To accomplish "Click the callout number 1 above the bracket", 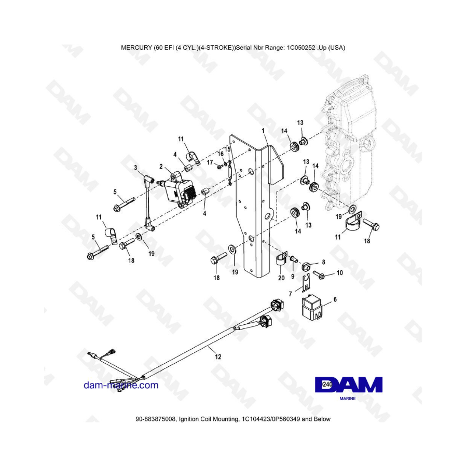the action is click(x=263, y=131).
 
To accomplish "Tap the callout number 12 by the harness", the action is click(x=218, y=356).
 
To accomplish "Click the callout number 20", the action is click(x=281, y=278).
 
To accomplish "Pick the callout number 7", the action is click(x=291, y=294).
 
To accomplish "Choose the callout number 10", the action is click(x=339, y=272).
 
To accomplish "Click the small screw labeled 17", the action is click(x=220, y=167).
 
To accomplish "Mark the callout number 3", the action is click(x=135, y=168).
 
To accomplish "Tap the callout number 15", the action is click(x=228, y=149).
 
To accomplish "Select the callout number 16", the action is click(x=221, y=154).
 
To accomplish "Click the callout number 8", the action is click(x=323, y=262).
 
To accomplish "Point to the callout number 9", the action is click(x=293, y=277).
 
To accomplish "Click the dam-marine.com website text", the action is click(x=121, y=385).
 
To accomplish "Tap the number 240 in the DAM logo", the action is click(x=327, y=384).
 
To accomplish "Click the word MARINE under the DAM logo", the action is click(x=348, y=399).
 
